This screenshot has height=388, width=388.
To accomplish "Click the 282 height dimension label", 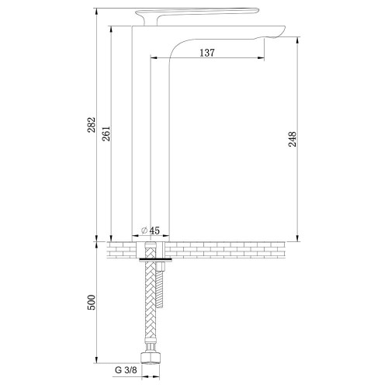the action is (92, 125).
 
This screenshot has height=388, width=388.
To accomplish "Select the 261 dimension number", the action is (106, 133).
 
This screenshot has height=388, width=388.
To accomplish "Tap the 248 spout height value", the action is (293, 139).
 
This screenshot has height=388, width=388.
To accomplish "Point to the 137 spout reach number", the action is (207, 53).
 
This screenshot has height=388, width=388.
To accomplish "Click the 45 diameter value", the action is (154, 230).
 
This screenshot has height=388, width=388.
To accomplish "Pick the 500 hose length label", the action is (92, 302).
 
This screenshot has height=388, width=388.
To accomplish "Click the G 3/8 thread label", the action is (126, 370).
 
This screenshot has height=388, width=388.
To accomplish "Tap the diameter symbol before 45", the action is (144, 230).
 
